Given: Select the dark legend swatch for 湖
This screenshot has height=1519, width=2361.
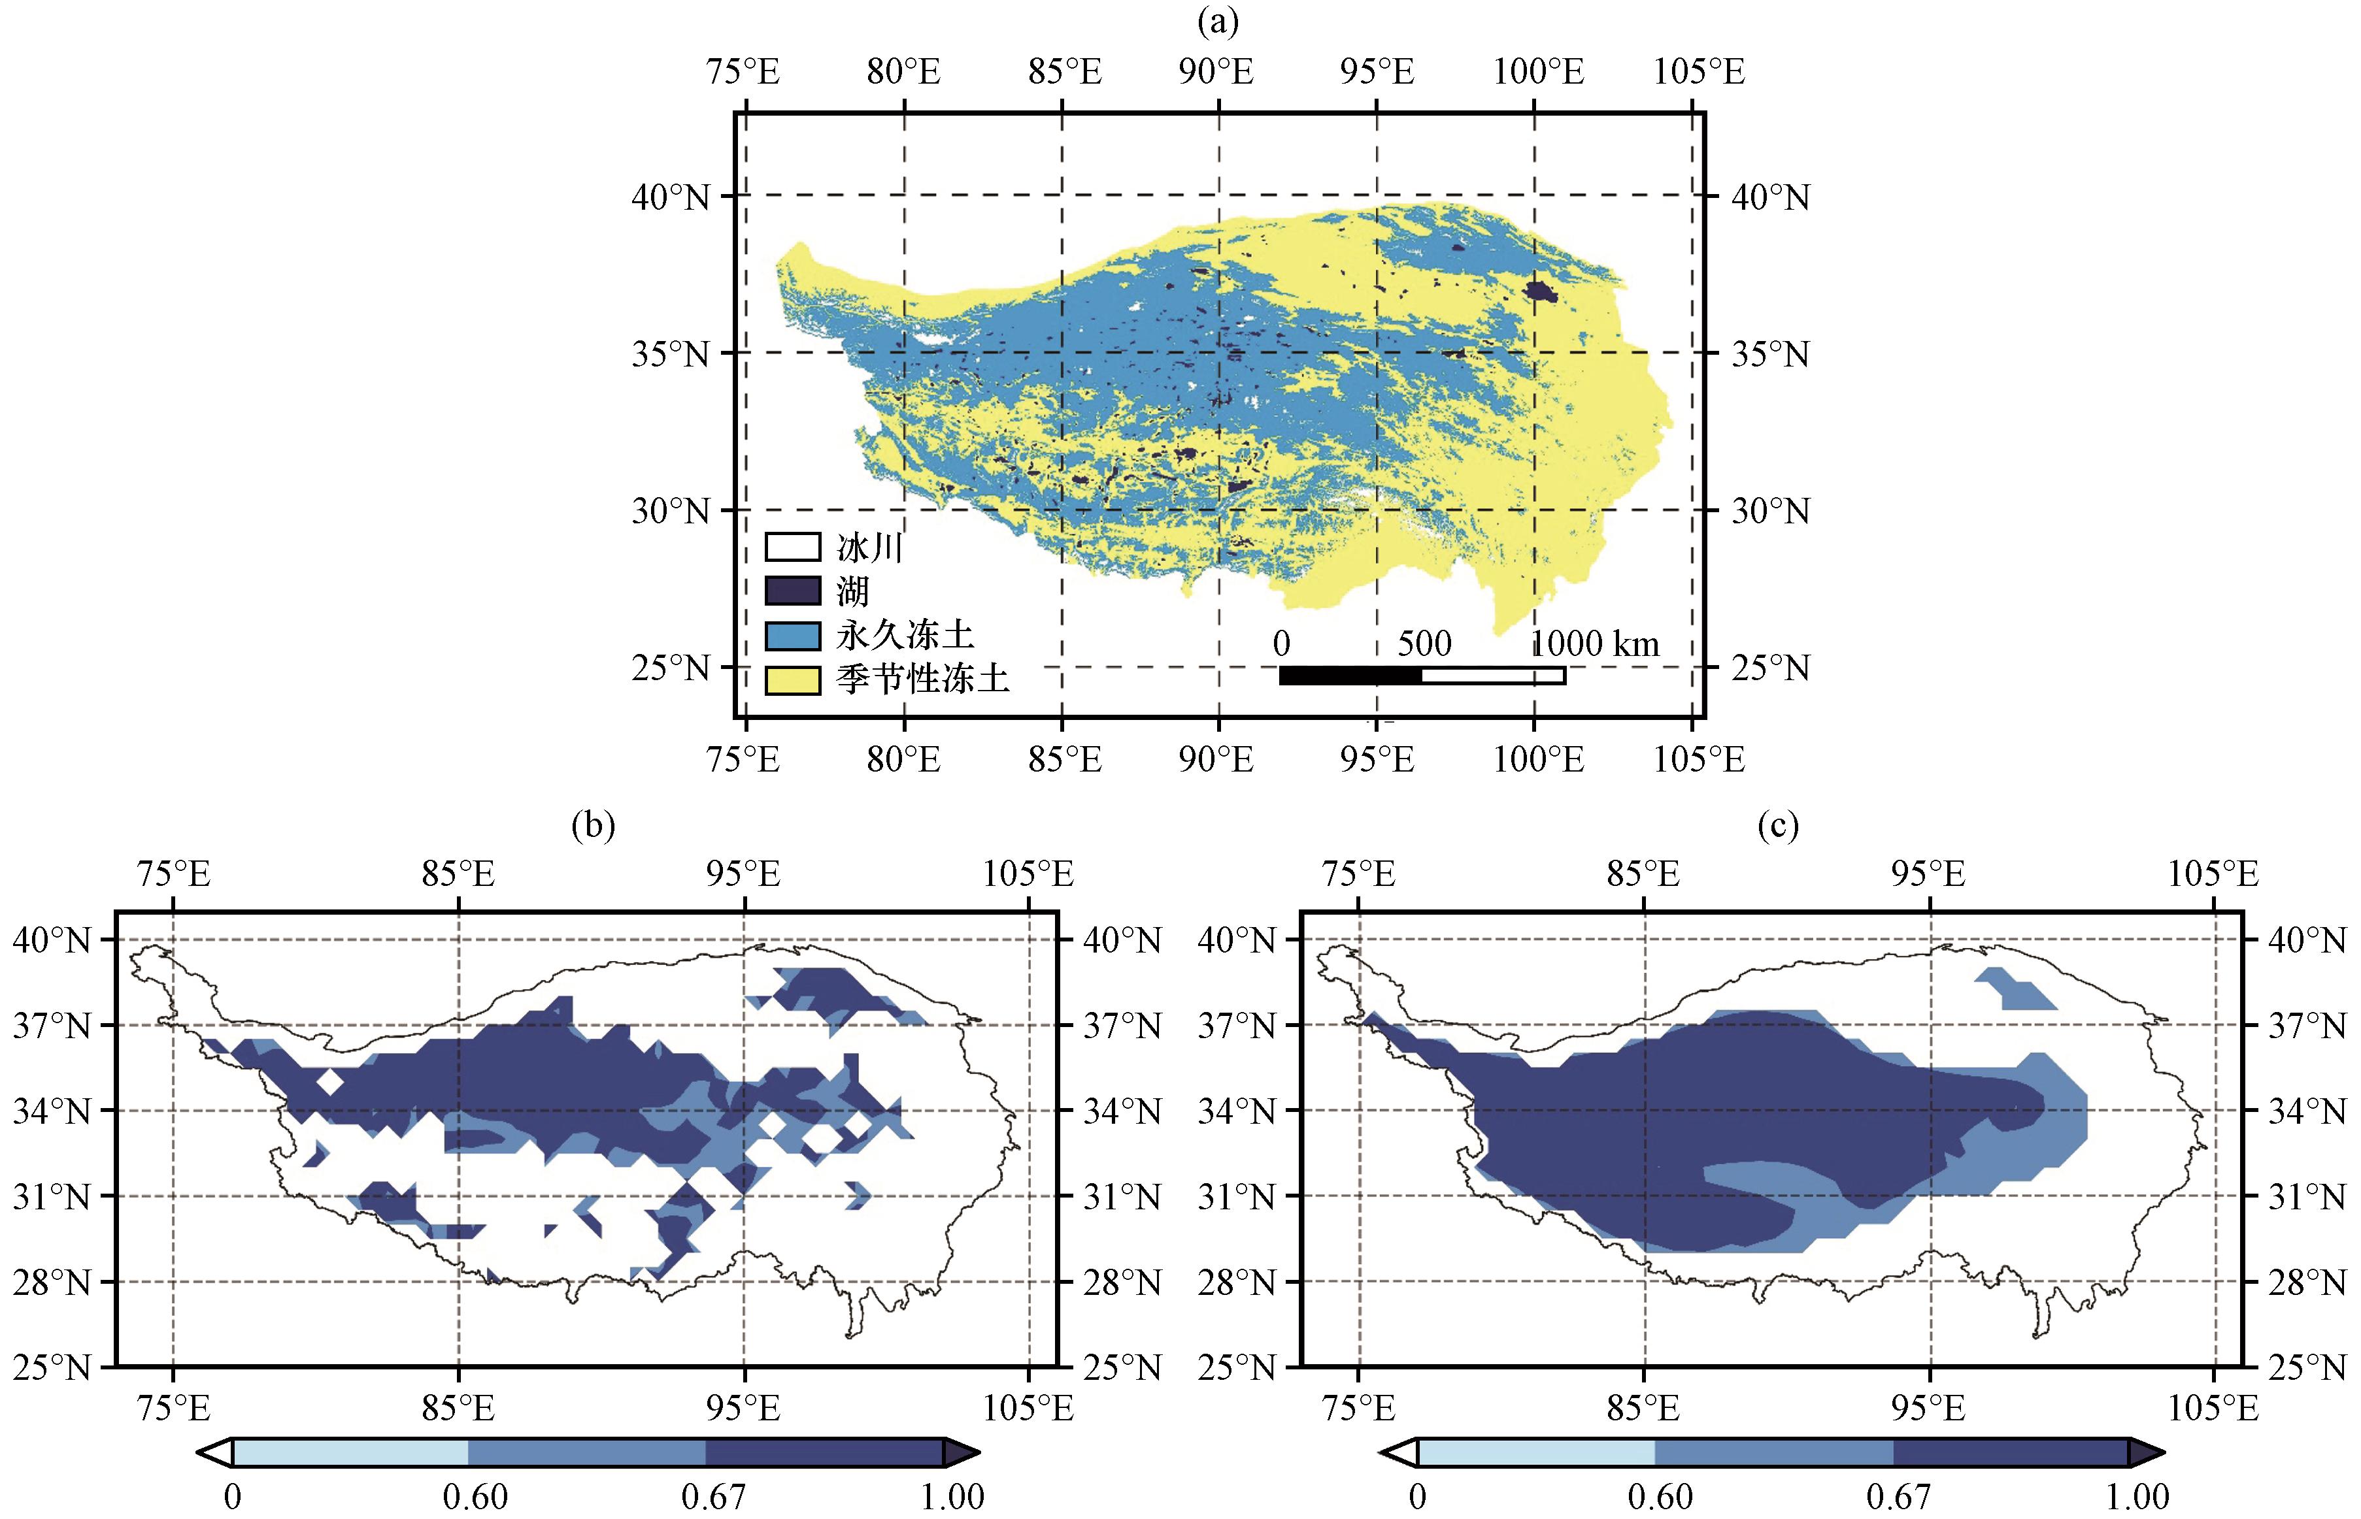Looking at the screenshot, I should point(792,591).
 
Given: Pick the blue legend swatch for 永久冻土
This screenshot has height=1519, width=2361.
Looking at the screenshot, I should point(792,635).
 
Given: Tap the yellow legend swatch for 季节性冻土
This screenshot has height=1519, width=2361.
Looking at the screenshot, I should point(792,679).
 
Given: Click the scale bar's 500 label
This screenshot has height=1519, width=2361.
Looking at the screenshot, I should point(1424,644).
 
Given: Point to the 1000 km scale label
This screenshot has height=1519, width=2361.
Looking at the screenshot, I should point(1594,644).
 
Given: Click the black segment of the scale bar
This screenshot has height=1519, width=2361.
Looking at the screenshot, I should point(1350,676).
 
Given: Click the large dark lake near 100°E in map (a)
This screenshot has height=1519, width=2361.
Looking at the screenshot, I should point(1540,291).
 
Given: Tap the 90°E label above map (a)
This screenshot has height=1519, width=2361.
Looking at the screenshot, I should point(1216,71).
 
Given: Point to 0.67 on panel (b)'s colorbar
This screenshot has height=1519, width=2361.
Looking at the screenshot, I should point(712,1496).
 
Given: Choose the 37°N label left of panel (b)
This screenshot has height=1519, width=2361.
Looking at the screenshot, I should point(51,1026).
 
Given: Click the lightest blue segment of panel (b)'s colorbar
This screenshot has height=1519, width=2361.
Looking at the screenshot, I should point(350,1452).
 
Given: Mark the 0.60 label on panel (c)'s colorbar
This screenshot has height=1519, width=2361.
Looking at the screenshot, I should point(1660,1496).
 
